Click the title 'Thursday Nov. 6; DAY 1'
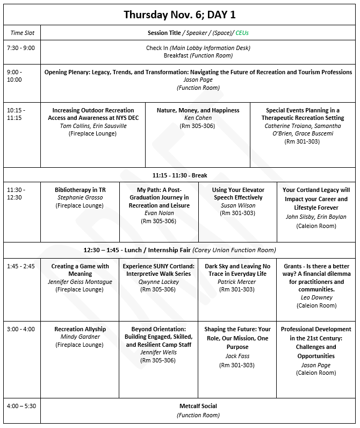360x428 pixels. tap(179, 15)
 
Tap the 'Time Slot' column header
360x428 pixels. tap(22, 33)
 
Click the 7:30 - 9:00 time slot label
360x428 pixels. tap(20, 48)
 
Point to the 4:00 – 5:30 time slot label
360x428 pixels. tap(21, 406)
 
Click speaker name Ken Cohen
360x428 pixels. tap(198, 118)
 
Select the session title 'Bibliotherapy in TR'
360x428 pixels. tap(80, 190)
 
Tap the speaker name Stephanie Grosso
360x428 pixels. tap(80, 198)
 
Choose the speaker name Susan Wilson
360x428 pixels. tap(237, 205)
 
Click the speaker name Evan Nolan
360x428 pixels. tap(159, 213)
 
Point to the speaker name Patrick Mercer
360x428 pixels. tap(237, 282)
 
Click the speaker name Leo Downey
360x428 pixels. tap(316, 297)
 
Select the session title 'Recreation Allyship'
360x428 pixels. tap(80, 329)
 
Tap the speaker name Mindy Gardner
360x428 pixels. tap(80, 337)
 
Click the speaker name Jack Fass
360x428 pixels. tap(237, 356)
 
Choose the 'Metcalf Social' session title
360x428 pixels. tap(198, 406)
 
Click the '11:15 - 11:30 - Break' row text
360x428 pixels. tap(179, 175)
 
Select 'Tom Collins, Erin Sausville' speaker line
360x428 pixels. tap(92, 126)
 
